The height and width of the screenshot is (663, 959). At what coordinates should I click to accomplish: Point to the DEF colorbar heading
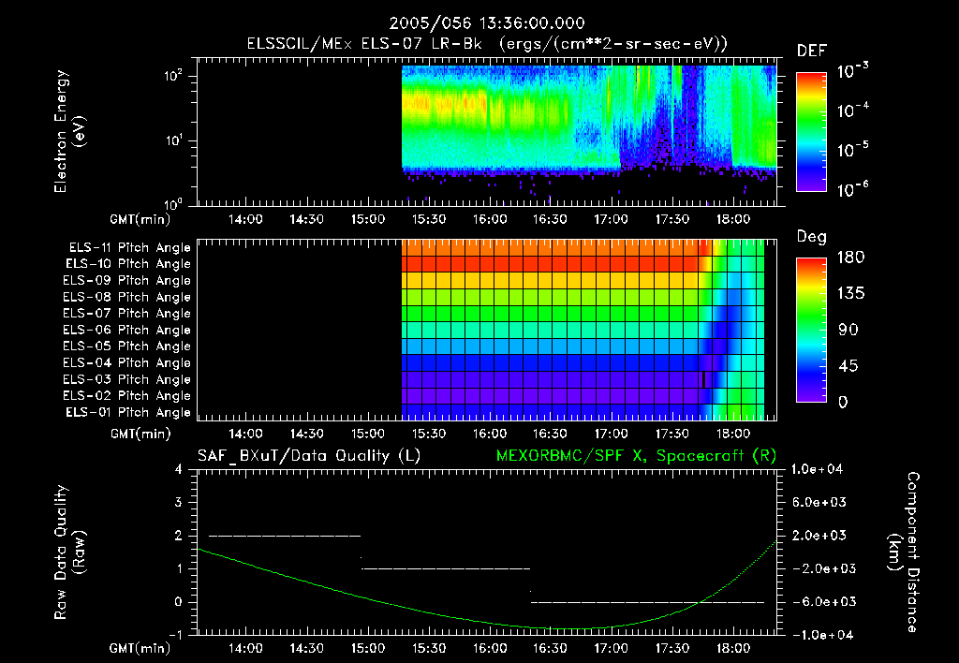[x=810, y=52]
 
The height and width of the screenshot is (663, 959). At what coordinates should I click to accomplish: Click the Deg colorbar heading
[x=810, y=237]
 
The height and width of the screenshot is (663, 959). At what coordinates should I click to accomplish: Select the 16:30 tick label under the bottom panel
[x=551, y=648]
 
